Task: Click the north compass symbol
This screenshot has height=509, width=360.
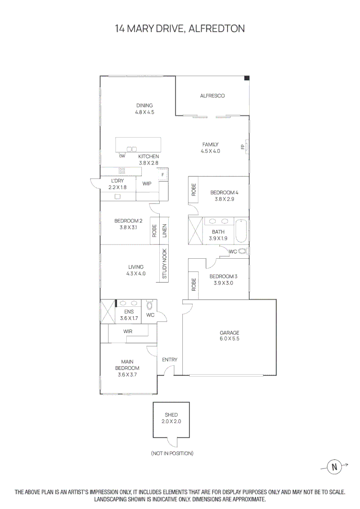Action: click(335, 467)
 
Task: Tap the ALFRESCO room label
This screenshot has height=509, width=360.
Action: click(213, 96)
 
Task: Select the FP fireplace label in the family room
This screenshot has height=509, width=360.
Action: click(243, 147)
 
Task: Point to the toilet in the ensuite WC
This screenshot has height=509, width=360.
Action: click(149, 305)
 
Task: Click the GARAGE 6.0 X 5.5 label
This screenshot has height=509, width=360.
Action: click(229, 336)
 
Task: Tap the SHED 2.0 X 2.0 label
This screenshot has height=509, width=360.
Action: click(172, 418)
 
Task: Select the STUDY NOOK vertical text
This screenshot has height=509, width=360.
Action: click(164, 263)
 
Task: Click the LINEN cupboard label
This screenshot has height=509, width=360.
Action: click(164, 231)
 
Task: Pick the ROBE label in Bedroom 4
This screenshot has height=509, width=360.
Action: click(194, 190)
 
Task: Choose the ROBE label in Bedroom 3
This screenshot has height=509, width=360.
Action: click(194, 284)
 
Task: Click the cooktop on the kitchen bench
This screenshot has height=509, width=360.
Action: click(122, 171)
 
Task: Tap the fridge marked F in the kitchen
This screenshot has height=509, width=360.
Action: click(163, 174)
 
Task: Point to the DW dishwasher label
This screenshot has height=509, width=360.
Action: click(122, 156)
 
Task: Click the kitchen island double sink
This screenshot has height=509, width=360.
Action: click(131, 149)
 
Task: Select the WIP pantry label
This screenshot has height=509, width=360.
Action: click(147, 184)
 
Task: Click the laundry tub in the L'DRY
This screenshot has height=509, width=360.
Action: click(117, 197)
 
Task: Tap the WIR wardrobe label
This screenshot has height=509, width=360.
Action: click(128, 331)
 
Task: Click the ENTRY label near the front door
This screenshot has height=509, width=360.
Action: click(170, 360)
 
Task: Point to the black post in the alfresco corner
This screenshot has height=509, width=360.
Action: click(247, 78)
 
